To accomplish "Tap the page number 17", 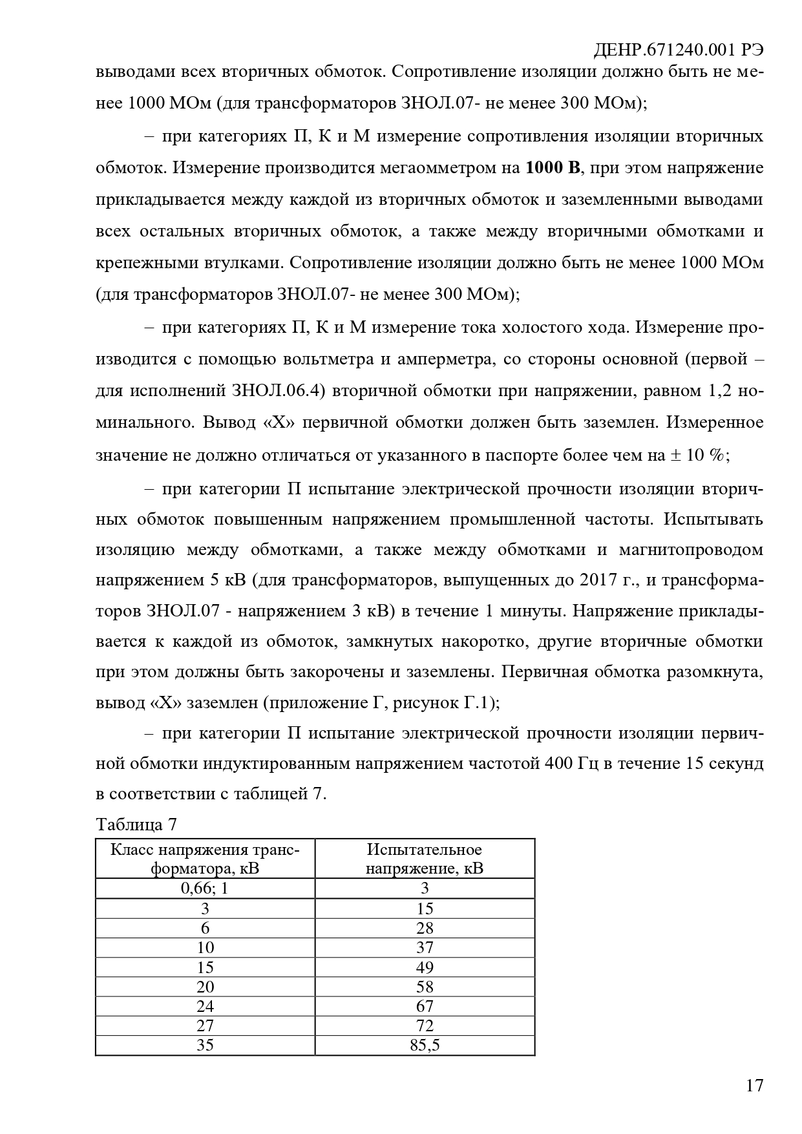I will point(754,1085).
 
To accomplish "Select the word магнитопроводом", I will point(691,550).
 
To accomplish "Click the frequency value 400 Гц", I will point(572,764).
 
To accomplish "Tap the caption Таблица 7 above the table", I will point(136,824).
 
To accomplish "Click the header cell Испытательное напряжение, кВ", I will point(425,858).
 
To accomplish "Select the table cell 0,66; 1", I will point(205,888).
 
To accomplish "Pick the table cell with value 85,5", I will point(425,1045).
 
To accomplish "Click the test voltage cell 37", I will point(425,947).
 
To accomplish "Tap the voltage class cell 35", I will point(205,1045).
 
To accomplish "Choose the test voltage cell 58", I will point(425,987).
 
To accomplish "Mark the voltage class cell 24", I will point(205,1006).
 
